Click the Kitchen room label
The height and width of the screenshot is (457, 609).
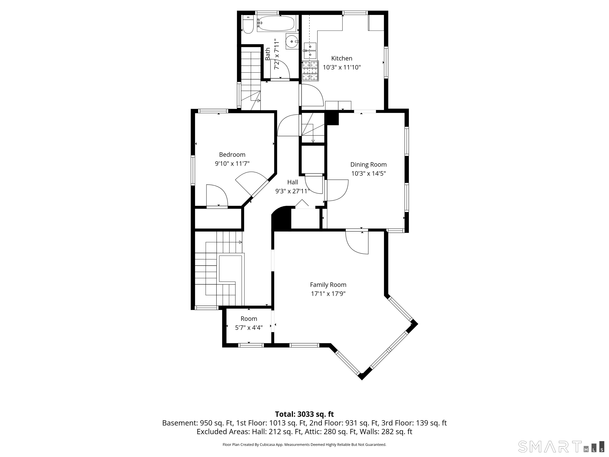[342, 58]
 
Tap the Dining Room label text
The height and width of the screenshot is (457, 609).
[368, 164]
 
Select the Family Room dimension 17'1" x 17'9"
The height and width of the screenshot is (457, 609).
[328, 294]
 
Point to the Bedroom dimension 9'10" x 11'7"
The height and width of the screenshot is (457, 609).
[232, 164]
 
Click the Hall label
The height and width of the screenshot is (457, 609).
[293, 182]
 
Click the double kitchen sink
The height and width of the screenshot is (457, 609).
[310, 51]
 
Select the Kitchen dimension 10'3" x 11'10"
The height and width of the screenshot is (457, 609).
[342, 67]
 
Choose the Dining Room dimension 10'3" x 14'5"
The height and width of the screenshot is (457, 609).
[368, 174]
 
